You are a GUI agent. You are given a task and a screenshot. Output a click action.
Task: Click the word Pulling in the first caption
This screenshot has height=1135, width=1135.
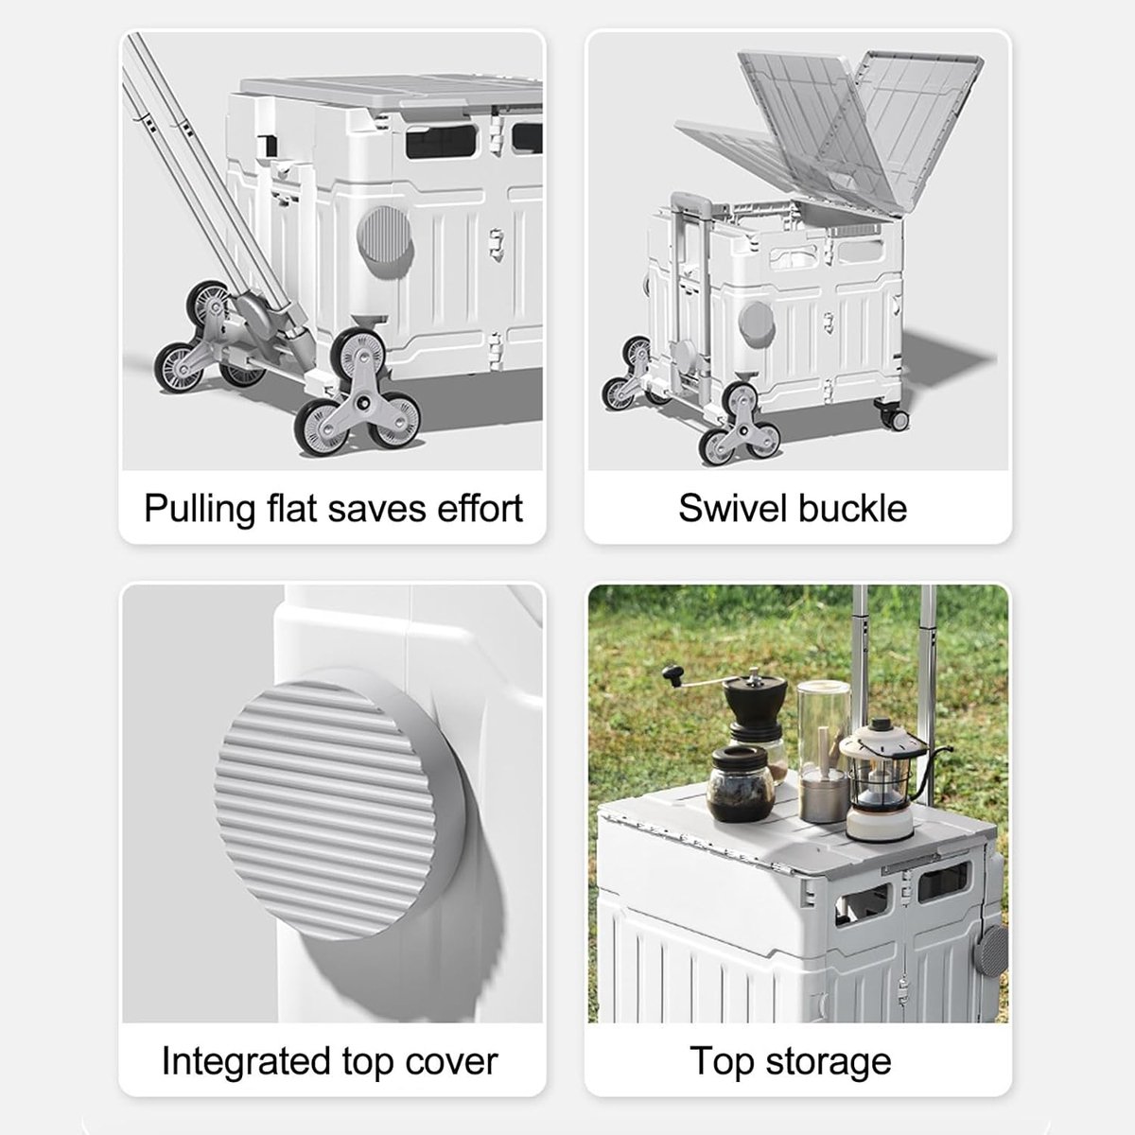pos(200,509)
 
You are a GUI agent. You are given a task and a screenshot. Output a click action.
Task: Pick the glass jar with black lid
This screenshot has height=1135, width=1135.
pos(740,783)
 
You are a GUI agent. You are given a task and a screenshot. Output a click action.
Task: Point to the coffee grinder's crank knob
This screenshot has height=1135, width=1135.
pos(671,672)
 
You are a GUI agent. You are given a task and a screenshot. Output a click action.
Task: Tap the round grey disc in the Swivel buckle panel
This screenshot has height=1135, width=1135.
pos(757,323)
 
